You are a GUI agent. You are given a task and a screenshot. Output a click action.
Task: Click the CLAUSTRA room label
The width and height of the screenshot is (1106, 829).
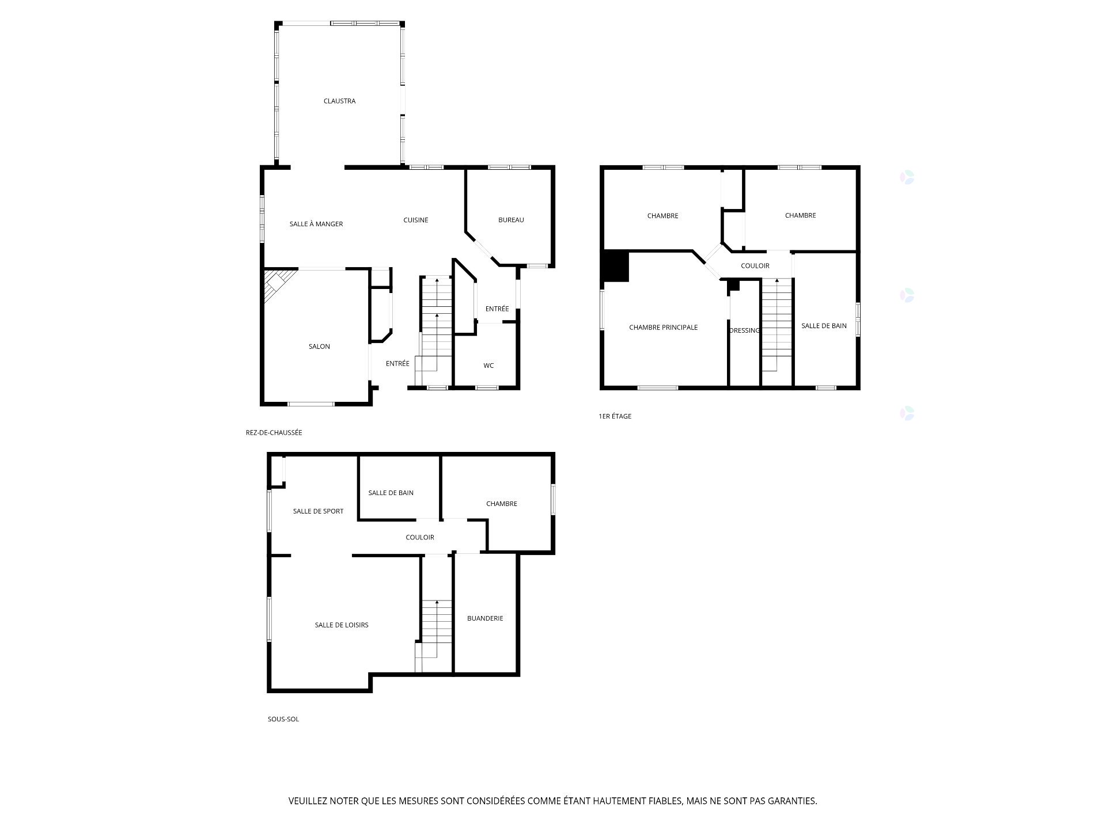[339, 101]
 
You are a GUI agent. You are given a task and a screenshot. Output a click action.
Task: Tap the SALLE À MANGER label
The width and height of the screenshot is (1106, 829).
[316, 224]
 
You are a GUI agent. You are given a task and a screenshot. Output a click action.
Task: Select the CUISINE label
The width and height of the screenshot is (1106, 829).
[415, 220]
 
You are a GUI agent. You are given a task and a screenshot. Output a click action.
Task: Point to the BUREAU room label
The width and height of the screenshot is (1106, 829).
[511, 220]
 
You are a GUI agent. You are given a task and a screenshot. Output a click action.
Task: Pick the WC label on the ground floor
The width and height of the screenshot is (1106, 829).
[488, 366]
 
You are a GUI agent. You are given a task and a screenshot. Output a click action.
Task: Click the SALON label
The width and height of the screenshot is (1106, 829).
[319, 347]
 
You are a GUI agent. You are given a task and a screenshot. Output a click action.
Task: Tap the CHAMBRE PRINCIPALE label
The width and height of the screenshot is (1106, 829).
[663, 328]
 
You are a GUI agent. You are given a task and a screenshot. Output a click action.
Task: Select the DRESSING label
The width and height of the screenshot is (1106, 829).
[744, 330]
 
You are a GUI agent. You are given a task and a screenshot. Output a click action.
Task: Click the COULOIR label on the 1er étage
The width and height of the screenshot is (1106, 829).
[755, 266]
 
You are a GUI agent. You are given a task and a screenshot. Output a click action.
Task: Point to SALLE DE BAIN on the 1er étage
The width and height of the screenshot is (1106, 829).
[824, 326]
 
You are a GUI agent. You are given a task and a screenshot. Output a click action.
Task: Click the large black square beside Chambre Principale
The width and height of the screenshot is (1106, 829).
[616, 266]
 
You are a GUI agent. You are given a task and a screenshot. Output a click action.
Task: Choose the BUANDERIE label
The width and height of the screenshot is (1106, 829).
[485, 618]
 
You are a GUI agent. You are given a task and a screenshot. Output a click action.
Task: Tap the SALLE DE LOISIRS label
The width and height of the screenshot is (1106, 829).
[342, 625]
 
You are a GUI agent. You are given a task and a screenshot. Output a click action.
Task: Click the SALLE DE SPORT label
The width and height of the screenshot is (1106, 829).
[318, 511]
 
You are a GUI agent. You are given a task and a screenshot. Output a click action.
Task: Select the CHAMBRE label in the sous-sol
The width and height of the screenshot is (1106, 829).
[501, 504]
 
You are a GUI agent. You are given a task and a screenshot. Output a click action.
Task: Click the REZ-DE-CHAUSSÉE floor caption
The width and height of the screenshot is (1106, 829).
[274, 432]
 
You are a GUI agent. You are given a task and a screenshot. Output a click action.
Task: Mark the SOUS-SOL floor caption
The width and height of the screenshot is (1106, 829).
[283, 719]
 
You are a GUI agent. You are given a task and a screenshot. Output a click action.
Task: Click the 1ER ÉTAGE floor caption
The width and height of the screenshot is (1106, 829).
[615, 416]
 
